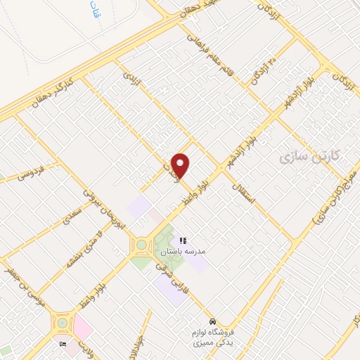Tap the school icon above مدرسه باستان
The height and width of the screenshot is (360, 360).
coord(184,240)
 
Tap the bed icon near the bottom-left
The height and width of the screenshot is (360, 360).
coord(64,344)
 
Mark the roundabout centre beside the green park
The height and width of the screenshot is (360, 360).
coord(141,245)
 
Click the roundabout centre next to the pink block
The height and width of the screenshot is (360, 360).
coord(61,323)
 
